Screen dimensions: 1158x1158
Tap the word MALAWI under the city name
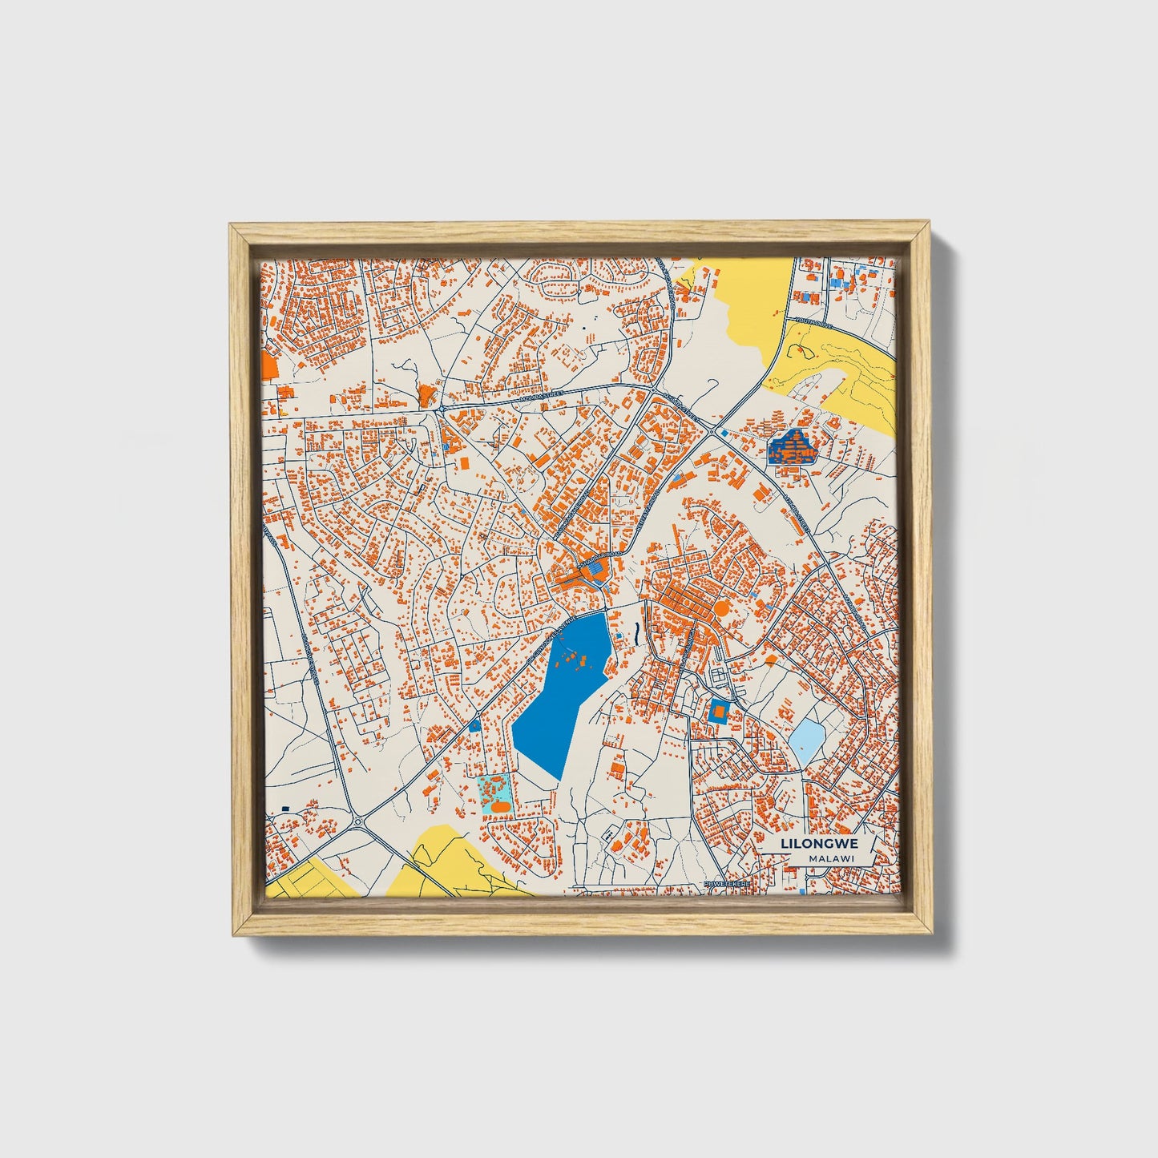830,858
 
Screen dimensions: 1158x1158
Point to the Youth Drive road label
813,323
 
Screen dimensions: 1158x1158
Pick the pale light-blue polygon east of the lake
806,740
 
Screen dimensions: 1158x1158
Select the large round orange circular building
721,608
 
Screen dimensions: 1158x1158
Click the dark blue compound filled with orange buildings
792,448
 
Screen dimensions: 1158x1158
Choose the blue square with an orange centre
719,710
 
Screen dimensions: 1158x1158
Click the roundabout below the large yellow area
711,430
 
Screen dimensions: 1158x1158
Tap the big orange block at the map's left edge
268,368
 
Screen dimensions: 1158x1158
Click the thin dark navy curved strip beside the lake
635,633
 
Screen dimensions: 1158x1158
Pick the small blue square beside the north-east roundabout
724,434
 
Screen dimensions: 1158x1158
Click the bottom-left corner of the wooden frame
232,934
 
